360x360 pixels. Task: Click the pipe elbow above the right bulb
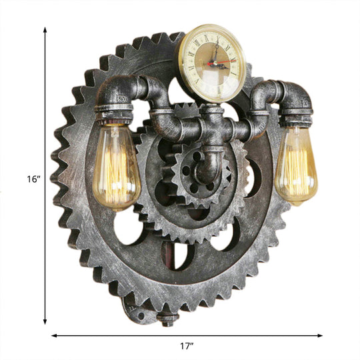click(x=294, y=97)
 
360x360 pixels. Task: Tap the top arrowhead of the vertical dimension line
click(x=45, y=31)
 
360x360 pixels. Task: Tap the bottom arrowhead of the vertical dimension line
click(x=45, y=322)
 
